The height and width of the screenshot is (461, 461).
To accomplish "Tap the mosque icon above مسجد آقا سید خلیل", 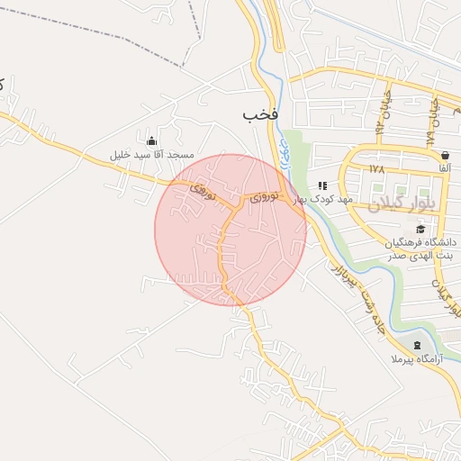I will pos(151,141).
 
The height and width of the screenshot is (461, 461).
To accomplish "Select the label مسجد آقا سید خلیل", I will pos(152,155).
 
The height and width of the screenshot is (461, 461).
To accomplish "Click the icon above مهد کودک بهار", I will pos(322,185).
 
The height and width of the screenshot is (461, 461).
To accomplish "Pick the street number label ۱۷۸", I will pos(376,168).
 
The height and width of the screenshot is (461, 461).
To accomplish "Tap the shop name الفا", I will pos(445,168).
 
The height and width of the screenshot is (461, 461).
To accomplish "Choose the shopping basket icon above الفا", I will pos(445,155).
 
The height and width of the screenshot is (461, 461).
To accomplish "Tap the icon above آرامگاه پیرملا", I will pos(416,346).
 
